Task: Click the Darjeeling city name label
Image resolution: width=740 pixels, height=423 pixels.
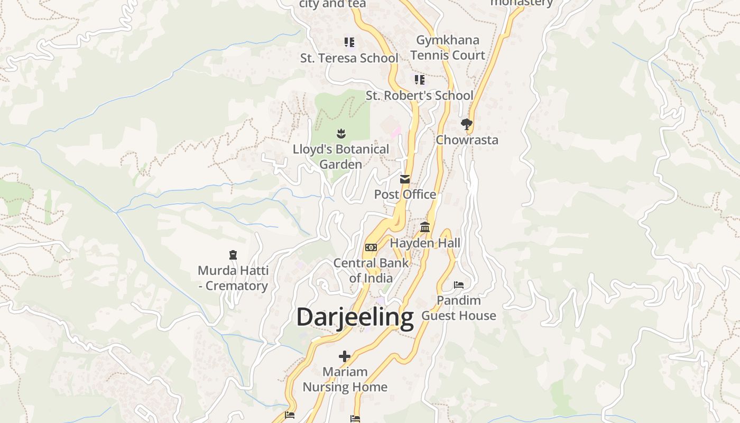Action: click(355, 317)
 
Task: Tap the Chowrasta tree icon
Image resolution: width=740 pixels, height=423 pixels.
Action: click(466, 125)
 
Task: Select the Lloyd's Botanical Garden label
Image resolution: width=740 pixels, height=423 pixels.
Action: click(341, 157)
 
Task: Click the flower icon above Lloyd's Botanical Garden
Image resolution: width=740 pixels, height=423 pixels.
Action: click(341, 133)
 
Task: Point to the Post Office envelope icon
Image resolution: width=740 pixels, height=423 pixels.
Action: click(405, 179)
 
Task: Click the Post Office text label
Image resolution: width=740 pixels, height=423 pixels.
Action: click(405, 195)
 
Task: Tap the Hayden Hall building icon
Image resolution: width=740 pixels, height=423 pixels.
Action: click(425, 227)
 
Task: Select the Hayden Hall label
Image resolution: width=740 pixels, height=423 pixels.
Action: click(425, 243)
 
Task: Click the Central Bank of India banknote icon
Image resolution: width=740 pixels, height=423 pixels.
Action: click(371, 247)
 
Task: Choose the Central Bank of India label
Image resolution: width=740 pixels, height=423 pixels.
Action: click(371, 270)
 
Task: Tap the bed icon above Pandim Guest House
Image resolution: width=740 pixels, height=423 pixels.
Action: click(459, 285)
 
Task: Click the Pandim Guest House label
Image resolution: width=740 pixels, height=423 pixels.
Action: click(459, 308)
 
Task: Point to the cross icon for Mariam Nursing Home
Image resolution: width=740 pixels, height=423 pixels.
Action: click(345, 356)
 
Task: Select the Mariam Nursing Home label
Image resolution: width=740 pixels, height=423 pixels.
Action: click(345, 379)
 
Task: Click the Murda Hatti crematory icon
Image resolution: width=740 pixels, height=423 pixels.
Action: click(233, 255)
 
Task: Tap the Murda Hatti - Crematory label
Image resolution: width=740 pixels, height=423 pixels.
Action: click(233, 278)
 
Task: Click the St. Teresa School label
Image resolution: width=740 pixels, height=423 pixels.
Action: click(349, 58)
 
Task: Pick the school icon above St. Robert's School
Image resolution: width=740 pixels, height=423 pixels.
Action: click(419, 80)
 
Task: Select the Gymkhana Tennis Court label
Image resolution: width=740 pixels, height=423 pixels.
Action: click(448, 48)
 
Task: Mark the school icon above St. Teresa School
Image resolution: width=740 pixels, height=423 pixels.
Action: click(349, 42)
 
